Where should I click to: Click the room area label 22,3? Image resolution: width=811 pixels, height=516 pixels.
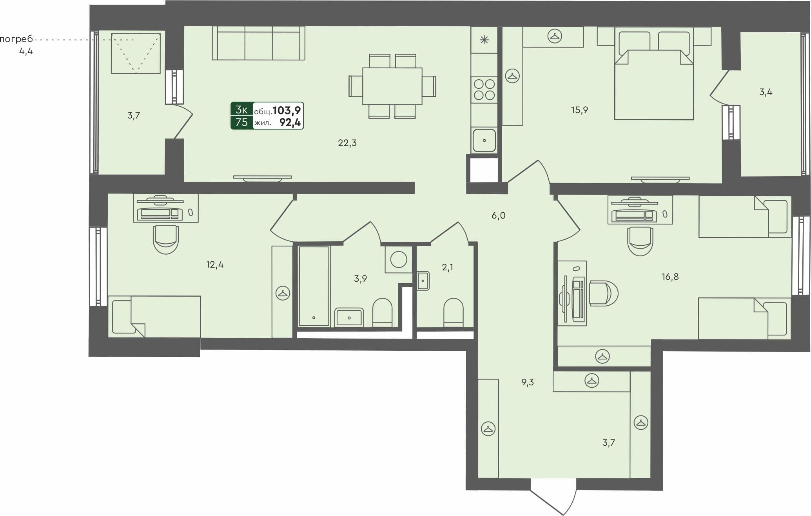(x=347, y=143)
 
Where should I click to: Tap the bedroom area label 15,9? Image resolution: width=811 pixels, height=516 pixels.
(x=579, y=110)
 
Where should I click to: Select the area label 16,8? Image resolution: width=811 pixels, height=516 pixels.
(x=670, y=277)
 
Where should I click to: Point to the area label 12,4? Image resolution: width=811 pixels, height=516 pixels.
(x=215, y=264)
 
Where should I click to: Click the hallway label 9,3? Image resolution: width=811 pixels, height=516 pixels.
(x=528, y=382)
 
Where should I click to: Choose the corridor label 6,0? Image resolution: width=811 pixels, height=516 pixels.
(x=498, y=215)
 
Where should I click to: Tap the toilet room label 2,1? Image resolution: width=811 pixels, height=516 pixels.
(x=447, y=267)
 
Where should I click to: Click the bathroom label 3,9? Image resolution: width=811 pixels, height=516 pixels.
(x=360, y=279)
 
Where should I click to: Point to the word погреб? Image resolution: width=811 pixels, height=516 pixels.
(x=16, y=39)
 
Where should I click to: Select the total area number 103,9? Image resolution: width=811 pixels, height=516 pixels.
(x=287, y=110)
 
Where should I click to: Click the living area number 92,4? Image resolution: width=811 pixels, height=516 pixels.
(x=290, y=122)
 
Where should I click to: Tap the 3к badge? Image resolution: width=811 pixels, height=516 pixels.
(x=241, y=109)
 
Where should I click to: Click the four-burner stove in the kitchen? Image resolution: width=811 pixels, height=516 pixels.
(x=484, y=89)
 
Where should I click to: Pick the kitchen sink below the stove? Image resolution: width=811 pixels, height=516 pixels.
(x=484, y=140)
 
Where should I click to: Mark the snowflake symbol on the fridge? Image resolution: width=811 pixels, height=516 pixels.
(x=484, y=40)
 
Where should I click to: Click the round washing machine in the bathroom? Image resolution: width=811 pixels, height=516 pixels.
(x=399, y=259)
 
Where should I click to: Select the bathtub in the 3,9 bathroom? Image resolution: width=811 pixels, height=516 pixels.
(x=314, y=286)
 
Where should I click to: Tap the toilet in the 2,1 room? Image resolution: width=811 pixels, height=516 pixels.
(x=454, y=313)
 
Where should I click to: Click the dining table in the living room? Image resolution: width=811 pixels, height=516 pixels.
(x=392, y=86)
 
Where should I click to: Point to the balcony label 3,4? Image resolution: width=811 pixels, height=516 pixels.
(x=766, y=92)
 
